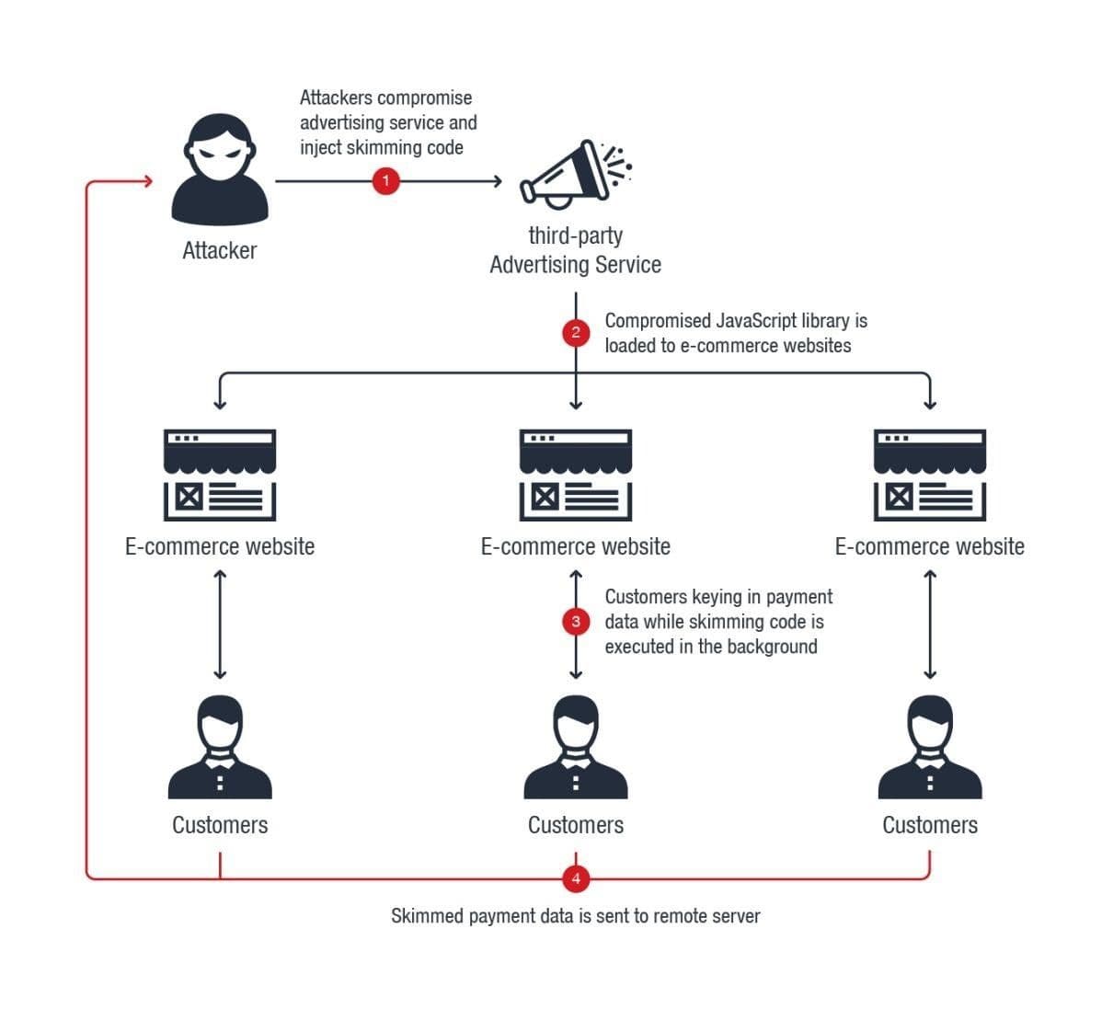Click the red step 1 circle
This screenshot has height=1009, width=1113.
(x=385, y=181)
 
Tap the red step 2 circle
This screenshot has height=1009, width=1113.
(x=576, y=332)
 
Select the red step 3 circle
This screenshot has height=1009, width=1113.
(x=576, y=622)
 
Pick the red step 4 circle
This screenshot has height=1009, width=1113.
(x=576, y=878)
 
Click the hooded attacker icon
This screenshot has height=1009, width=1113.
(x=220, y=169)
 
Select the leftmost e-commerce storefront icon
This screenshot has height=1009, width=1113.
(x=220, y=475)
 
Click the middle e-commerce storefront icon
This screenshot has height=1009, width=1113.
(x=576, y=475)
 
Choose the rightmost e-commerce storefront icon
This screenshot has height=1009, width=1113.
(x=929, y=475)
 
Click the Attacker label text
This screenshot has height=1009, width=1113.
(x=220, y=250)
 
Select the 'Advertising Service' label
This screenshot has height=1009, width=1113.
(x=576, y=265)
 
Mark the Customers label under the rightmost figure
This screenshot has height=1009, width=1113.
(x=929, y=825)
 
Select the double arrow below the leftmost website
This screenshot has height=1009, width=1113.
(x=220, y=624)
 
